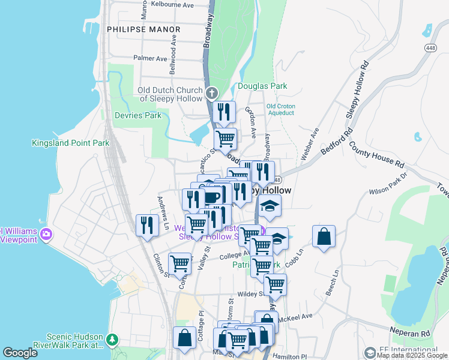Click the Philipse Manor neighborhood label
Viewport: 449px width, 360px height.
pos(143,29)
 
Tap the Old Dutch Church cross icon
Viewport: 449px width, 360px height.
pos(211,93)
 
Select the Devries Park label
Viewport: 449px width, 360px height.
pos(138,115)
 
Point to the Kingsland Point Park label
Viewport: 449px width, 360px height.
pos(71,143)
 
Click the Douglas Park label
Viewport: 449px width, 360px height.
pos(262,86)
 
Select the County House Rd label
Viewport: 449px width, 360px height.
pos(376,155)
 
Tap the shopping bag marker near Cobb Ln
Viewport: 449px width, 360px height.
pos(324,236)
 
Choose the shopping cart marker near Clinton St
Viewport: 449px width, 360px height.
pos(179,262)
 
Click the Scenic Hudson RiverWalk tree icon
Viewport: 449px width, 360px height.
pos(112,340)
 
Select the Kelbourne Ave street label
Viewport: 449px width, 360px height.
pos(172,5)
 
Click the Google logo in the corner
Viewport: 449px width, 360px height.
pos(20,353)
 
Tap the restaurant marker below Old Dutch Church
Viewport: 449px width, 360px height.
pos(221,111)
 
